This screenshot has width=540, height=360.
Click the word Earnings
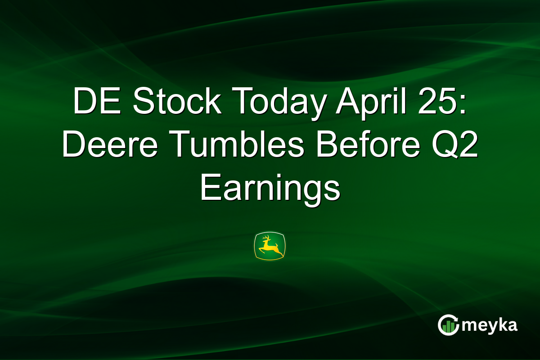(x=270, y=189)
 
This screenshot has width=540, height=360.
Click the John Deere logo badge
(x=270, y=246)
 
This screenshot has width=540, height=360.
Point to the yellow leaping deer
(x=270, y=246)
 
